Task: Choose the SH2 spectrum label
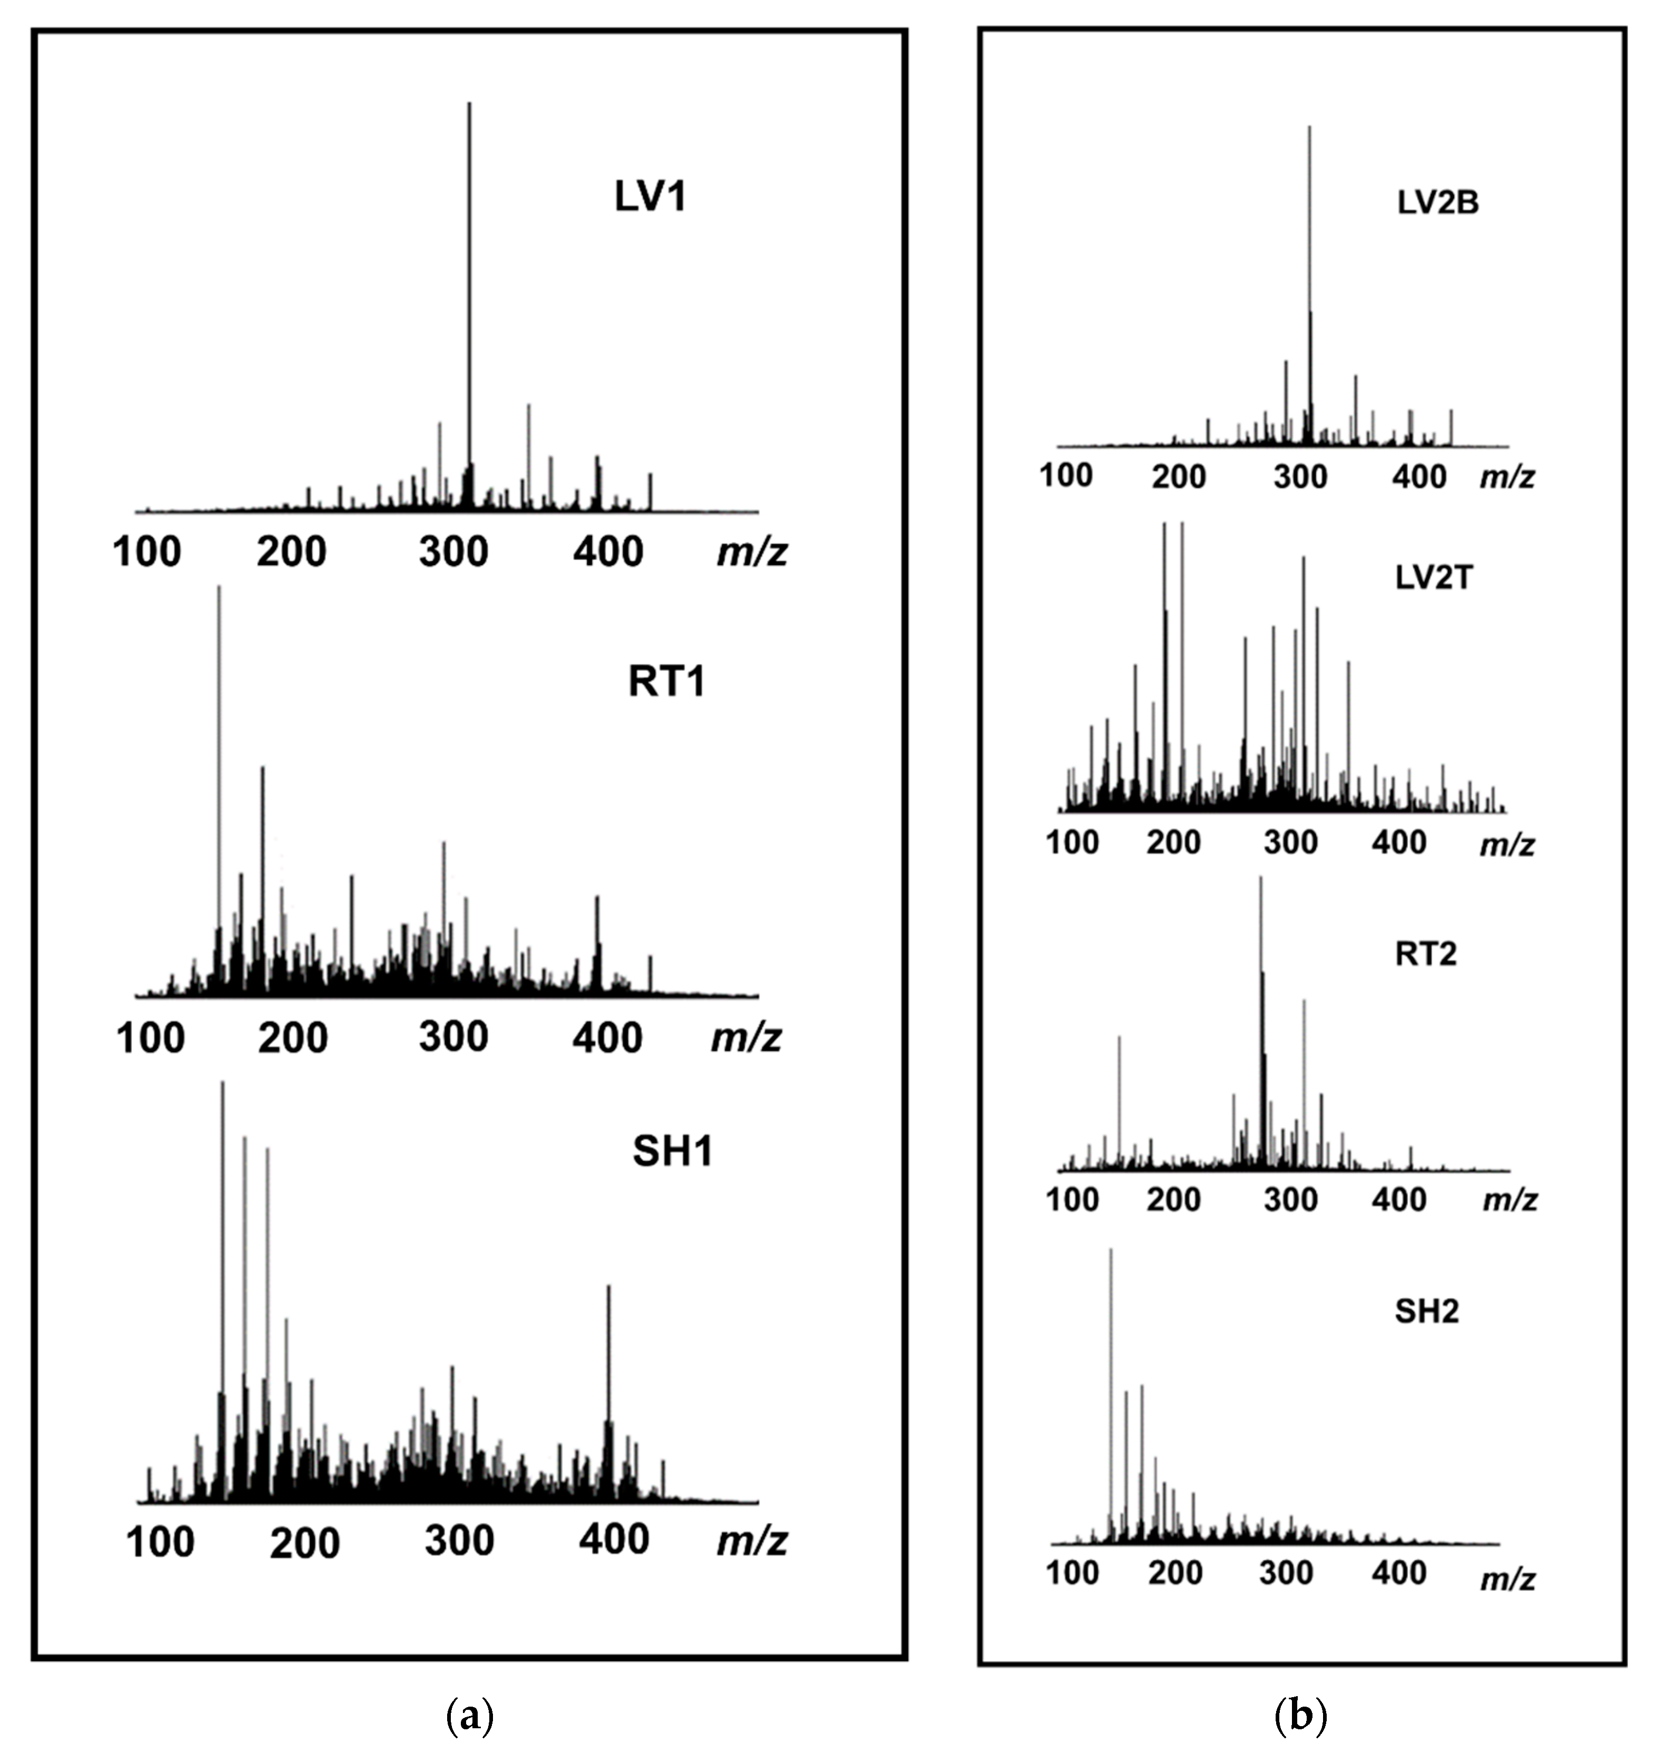point(1426,1311)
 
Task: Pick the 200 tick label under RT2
point(1173,1199)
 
